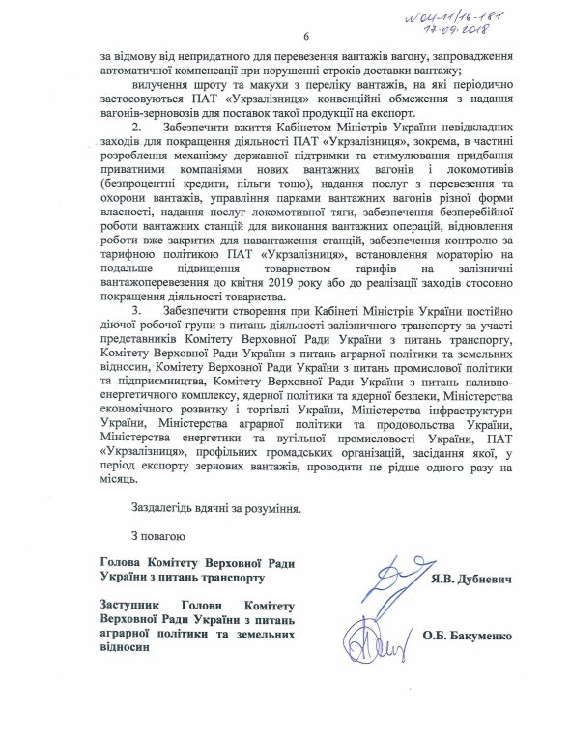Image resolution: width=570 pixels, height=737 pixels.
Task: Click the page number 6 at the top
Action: pos(304,38)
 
